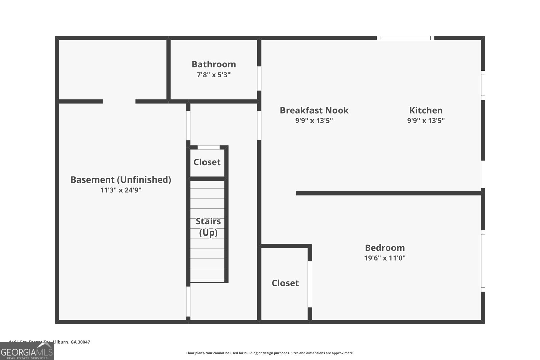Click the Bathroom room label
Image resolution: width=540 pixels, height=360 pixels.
pos(214,64)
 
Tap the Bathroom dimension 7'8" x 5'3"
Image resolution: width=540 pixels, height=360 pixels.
pos(214,75)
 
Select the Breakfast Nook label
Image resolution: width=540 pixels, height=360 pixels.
pos(314,110)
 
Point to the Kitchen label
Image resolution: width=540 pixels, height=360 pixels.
pos(426,110)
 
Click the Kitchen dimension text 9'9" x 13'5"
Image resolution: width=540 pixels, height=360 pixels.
pos(426,121)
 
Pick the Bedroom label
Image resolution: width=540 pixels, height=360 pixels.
pos(385,248)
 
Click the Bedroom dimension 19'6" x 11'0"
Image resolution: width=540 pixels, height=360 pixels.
pos(385,258)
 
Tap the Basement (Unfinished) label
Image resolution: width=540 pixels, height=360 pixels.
pos(120,179)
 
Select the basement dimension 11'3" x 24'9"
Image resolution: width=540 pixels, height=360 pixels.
pos(120,190)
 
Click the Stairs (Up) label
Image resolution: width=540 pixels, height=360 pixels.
pos(208,227)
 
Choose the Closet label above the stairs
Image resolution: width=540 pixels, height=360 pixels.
pos(207,162)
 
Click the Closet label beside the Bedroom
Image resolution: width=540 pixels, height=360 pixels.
pos(285,283)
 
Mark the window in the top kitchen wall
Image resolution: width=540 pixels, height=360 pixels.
pos(405,38)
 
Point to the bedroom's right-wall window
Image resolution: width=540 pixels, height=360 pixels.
pos(483,261)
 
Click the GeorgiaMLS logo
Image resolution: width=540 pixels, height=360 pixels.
pos(27,351)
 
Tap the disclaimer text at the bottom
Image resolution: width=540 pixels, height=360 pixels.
pos(270,353)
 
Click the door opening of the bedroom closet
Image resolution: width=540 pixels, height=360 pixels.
pos(309,284)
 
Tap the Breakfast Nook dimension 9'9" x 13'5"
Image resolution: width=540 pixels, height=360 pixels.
pos(314,121)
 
